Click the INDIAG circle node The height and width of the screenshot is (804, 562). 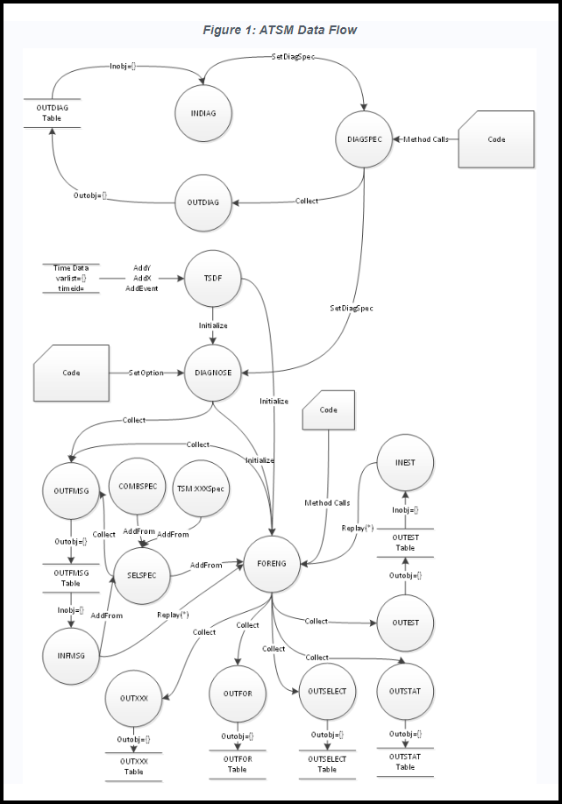pyautogui.click(x=203, y=114)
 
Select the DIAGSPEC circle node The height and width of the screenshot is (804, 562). pyautogui.click(x=364, y=139)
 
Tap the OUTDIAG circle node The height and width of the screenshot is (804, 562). pyautogui.click(x=203, y=202)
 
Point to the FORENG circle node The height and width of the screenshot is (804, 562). pyautogui.click(x=272, y=563)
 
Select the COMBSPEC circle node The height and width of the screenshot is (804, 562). pyautogui.click(x=137, y=487)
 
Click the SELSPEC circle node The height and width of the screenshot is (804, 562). pyautogui.click(x=141, y=575)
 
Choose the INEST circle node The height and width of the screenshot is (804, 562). pyautogui.click(x=404, y=463)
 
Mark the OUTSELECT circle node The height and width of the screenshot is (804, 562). pyautogui.click(x=326, y=691)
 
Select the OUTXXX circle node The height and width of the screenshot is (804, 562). pyautogui.click(x=133, y=699)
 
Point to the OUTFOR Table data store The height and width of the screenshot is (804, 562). pyautogui.click(x=237, y=764)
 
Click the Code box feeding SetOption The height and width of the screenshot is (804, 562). pyautogui.click(x=71, y=372)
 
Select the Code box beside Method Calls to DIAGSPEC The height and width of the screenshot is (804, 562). pyautogui.click(x=495, y=139)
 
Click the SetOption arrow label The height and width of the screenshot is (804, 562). pyautogui.click(x=146, y=373)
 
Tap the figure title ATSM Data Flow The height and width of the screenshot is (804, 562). pyautogui.click(x=280, y=31)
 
